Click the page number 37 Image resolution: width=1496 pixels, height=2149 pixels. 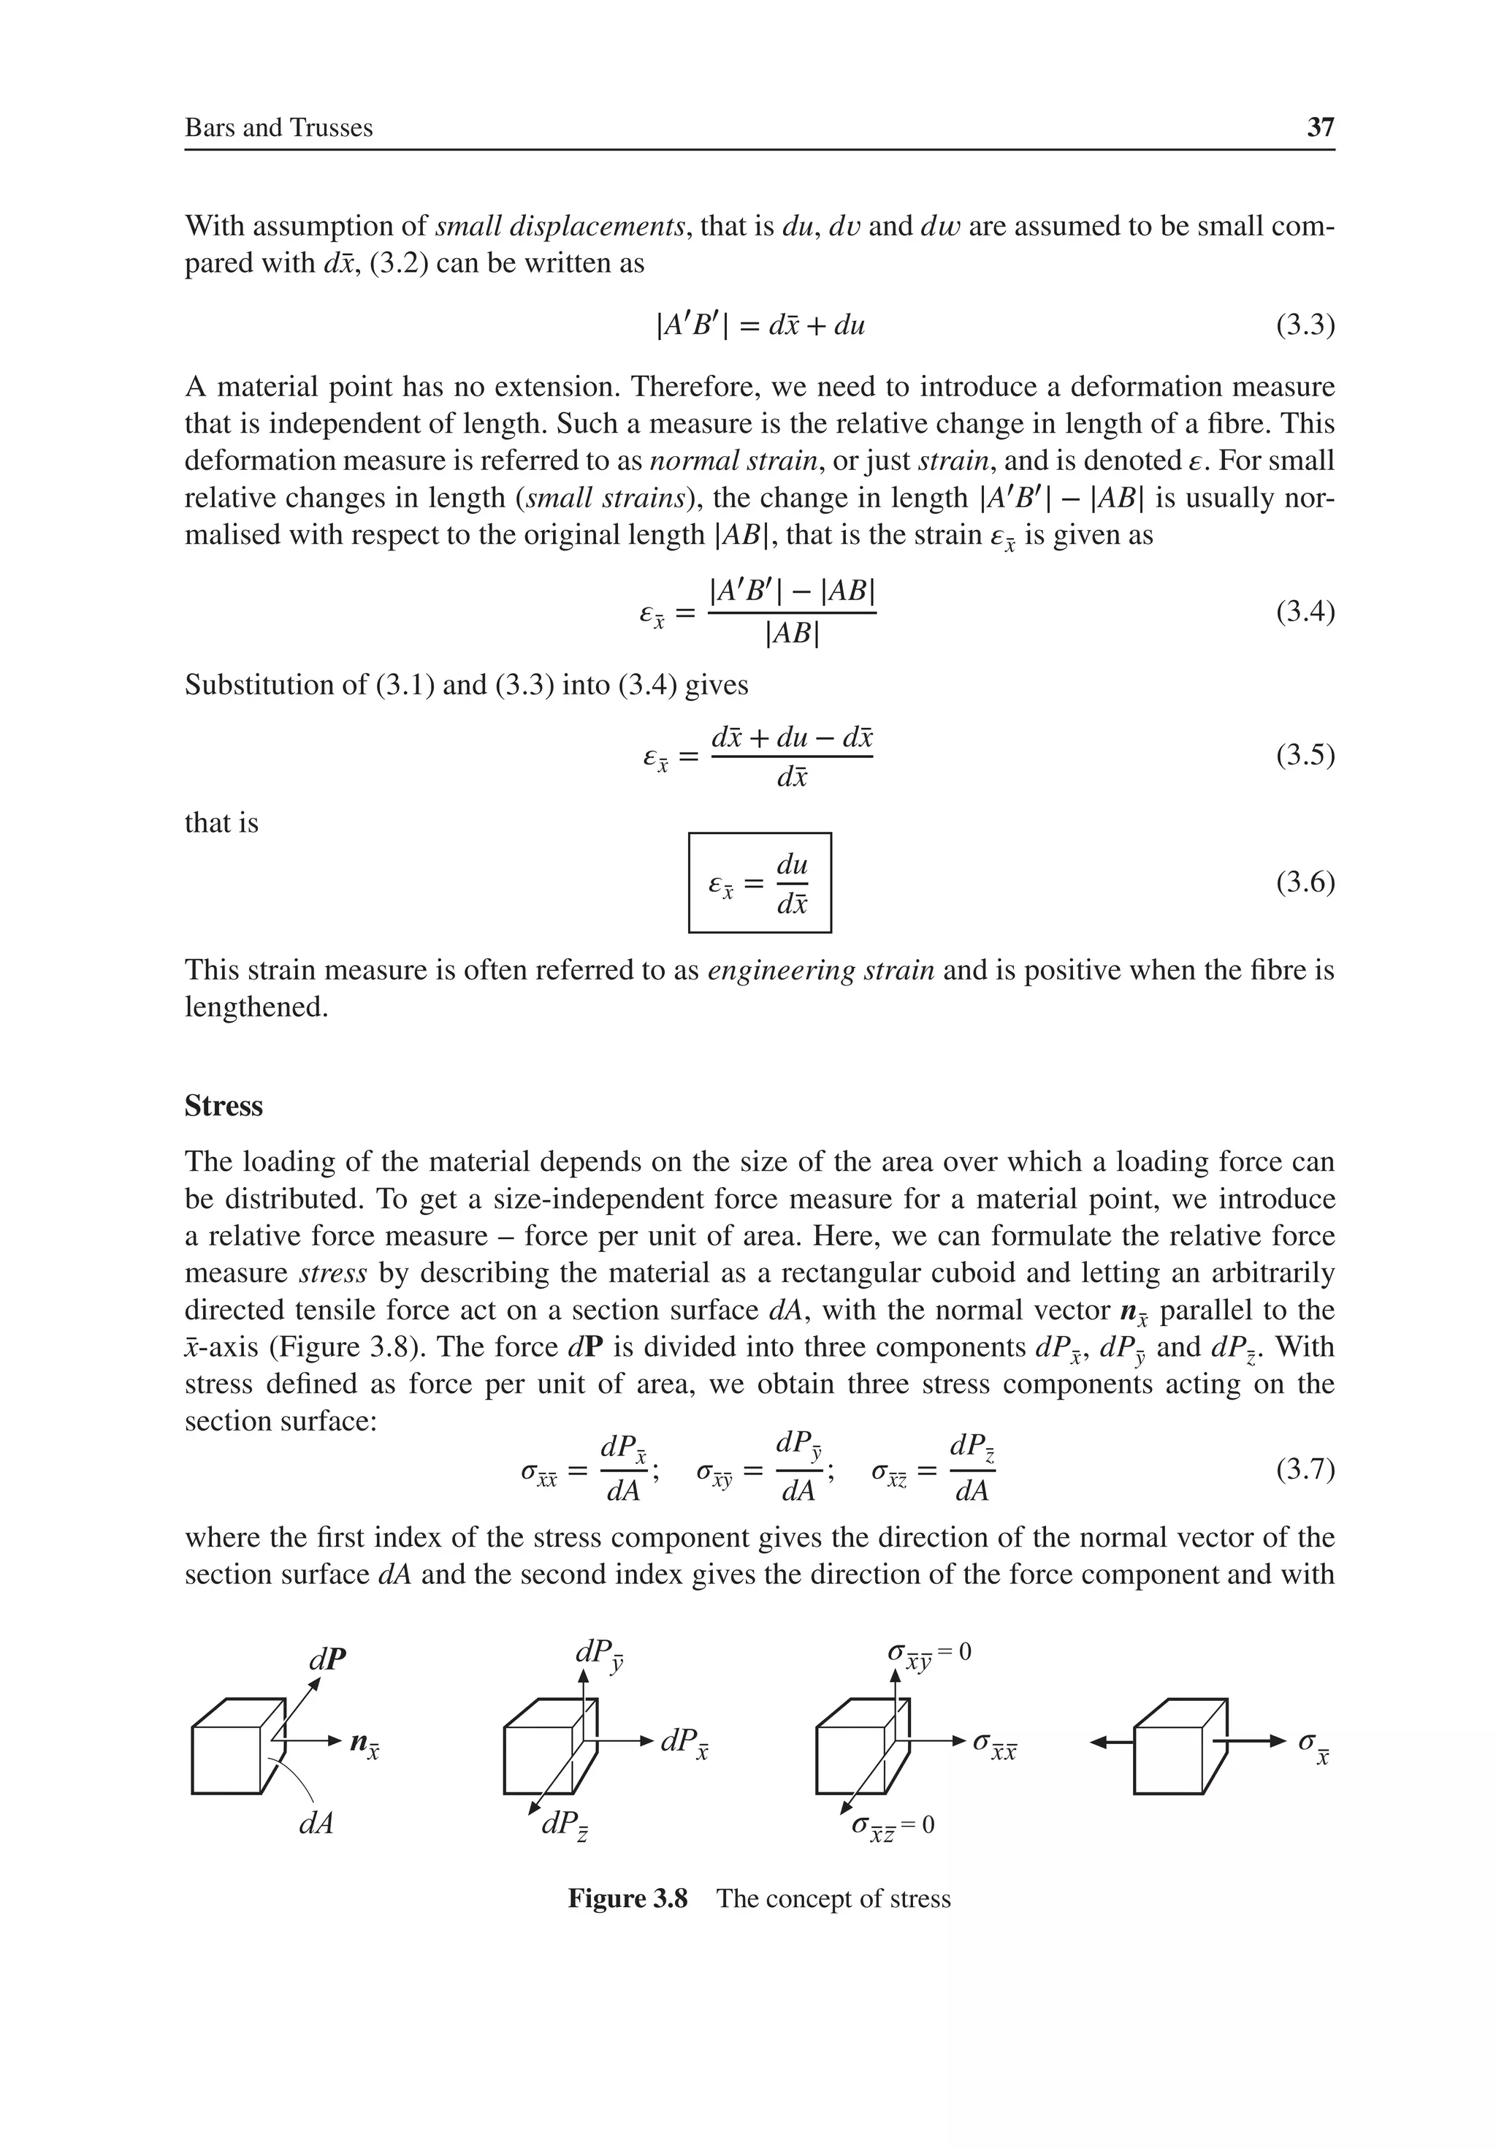tap(1320, 127)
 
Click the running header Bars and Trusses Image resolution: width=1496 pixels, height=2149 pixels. tap(279, 127)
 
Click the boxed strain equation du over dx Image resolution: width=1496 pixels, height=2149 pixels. tap(760, 883)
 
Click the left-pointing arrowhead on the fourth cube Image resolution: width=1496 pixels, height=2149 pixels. tap(1099, 1742)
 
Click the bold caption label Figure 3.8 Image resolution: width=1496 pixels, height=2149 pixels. tap(627, 1898)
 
